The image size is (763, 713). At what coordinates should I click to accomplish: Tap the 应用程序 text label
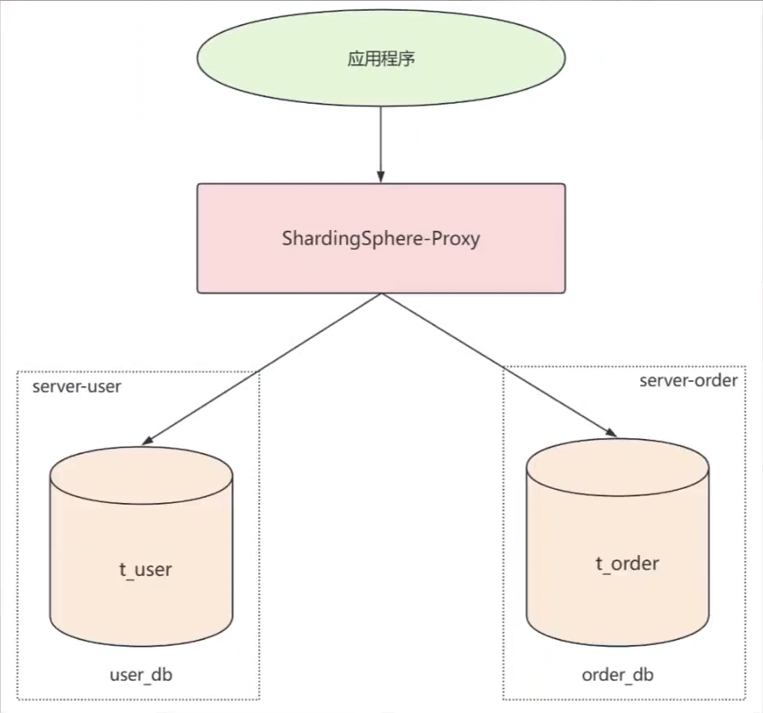coord(381,61)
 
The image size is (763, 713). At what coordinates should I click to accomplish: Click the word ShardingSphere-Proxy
coord(381,240)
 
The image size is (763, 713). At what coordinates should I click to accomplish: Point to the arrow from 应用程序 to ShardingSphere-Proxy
coord(381,141)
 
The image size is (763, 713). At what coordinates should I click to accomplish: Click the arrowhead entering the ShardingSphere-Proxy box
coord(381,178)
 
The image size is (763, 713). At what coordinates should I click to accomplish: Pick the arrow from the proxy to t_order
coord(498,364)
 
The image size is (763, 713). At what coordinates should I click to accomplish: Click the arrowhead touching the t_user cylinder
coord(150,439)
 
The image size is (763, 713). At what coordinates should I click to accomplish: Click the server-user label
coord(76,388)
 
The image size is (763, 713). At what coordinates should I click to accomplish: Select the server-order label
coord(688,381)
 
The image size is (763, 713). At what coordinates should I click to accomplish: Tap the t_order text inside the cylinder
coord(627,564)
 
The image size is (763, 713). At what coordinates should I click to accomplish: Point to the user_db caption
coord(141,675)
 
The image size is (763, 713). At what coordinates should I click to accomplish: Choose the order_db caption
coord(618,674)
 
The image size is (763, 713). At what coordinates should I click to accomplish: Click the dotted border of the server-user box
coord(17,540)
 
